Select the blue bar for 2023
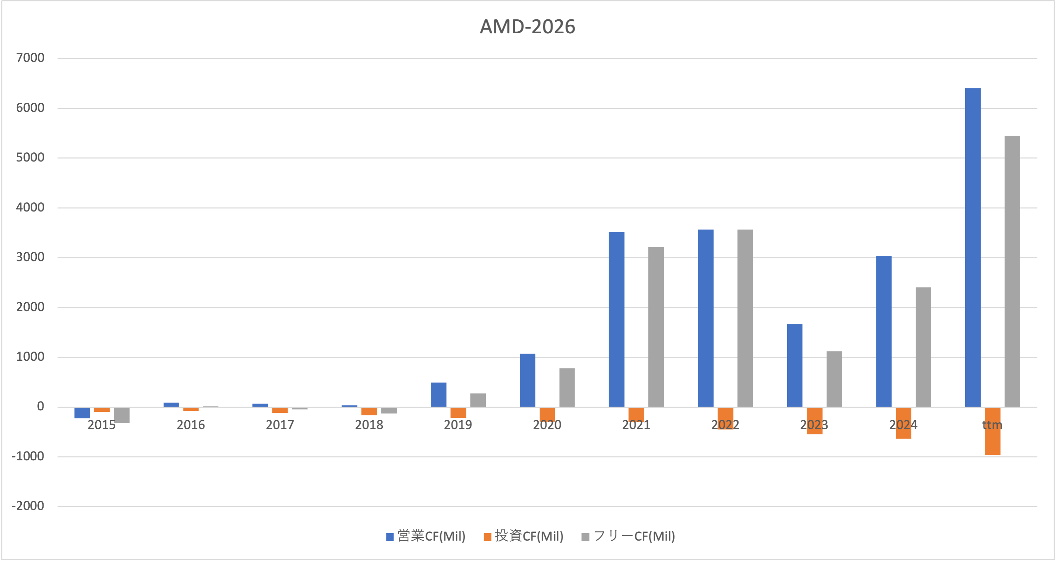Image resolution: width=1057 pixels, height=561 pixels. point(794,365)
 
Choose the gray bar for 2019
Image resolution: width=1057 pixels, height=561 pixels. point(478,400)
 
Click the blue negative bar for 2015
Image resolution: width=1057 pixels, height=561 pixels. point(82,412)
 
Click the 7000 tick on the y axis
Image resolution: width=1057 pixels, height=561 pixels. point(30,58)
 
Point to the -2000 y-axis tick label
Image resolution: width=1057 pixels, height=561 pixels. point(28,506)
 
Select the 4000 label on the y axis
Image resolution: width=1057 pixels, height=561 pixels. point(30,207)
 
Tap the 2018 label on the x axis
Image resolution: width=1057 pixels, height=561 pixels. point(369,425)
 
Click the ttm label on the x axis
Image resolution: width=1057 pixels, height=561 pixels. point(992,425)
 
